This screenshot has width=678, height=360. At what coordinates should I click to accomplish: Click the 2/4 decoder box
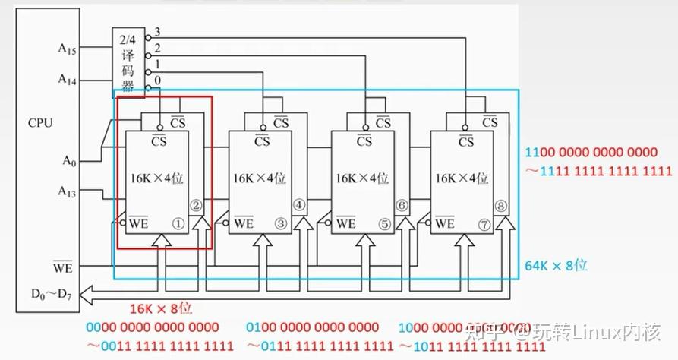click(x=128, y=63)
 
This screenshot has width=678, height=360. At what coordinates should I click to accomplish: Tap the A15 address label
click(x=68, y=48)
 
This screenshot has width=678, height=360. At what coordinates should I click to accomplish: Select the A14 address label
click(x=68, y=78)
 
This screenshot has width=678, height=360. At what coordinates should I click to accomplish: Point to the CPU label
click(x=39, y=122)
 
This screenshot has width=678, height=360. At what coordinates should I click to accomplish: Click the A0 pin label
click(x=68, y=160)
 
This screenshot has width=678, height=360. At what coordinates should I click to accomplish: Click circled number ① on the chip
click(x=178, y=223)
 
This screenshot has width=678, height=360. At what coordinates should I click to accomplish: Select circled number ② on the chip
click(x=196, y=205)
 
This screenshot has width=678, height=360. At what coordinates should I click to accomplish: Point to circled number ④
click(x=298, y=205)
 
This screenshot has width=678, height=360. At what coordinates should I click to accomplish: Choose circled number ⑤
click(x=383, y=223)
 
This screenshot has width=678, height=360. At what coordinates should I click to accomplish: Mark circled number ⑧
click(x=500, y=205)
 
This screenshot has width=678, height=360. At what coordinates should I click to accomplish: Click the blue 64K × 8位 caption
click(x=556, y=265)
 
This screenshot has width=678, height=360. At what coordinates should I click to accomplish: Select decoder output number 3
click(x=158, y=32)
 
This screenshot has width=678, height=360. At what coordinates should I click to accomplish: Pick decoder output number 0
click(x=158, y=81)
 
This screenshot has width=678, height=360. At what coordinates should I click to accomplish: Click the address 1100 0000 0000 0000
click(x=598, y=153)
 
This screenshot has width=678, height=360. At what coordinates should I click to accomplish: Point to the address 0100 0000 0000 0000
click(x=312, y=327)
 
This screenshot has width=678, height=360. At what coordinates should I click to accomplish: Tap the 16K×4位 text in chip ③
click(x=260, y=178)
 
